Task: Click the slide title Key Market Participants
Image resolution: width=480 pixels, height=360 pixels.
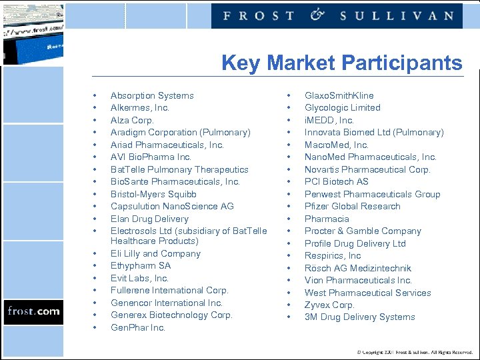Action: point(341,63)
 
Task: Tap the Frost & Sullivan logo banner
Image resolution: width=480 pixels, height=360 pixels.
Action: point(337,15)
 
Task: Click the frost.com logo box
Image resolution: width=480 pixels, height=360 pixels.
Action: point(33,311)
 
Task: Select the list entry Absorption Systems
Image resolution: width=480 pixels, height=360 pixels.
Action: point(152,95)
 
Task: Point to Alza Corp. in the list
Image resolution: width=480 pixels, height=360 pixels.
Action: point(132,120)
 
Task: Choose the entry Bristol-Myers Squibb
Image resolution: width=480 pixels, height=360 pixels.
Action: point(153,194)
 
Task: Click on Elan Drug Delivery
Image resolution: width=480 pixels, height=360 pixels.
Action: point(149,219)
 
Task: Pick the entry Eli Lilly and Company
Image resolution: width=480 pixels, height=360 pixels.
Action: point(155,253)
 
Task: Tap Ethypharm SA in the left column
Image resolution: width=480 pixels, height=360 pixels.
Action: point(141,265)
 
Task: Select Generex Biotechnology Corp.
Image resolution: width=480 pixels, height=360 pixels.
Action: point(171,315)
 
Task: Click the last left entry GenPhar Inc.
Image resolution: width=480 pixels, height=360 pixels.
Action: point(138,327)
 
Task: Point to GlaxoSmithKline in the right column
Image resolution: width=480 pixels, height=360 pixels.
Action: point(339,95)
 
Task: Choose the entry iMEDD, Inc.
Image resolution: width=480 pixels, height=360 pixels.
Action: point(329,120)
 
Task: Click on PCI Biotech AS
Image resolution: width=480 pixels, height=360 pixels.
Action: point(337,181)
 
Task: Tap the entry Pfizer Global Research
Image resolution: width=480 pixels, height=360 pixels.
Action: point(353,206)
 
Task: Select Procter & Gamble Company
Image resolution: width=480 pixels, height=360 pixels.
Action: point(363,231)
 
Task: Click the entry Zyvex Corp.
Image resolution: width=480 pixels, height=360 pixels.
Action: point(329,305)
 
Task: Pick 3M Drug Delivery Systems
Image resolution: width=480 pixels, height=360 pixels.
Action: point(359,317)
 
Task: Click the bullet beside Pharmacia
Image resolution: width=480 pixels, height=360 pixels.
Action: point(289,219)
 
